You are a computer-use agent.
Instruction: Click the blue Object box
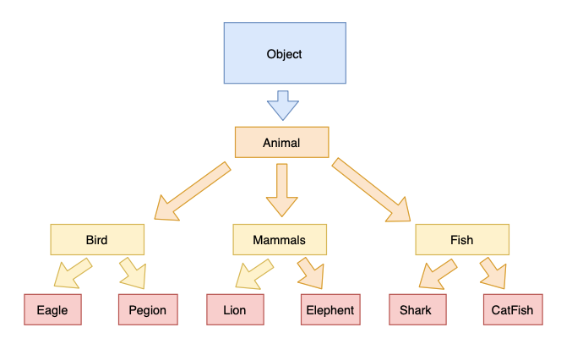tap(284, 54)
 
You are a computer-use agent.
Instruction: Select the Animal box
tap(281, 143)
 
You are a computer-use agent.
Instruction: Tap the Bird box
tap(96, 240)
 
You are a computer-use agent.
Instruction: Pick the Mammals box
tap(279, 240)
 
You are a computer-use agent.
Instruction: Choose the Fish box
tap(461, 240)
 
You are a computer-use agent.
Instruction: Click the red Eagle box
tap(52, 310)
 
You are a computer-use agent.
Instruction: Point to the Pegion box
tap(148, 310)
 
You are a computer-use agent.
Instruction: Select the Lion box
tap(235, 310)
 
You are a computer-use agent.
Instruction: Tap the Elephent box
tap(330, 310)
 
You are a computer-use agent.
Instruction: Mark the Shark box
tap(417, 310)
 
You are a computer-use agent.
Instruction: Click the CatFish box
tap(512, 310)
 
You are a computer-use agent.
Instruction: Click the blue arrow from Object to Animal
tap(282, 108)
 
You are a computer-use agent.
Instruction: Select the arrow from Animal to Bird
tap(193, 190)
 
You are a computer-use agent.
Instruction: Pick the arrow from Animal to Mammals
tap(281, 190)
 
